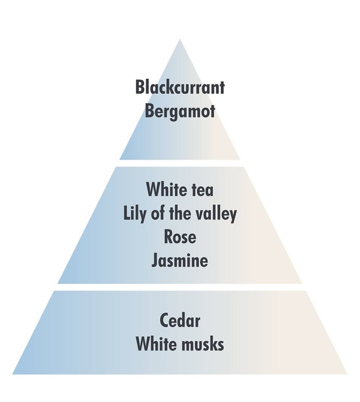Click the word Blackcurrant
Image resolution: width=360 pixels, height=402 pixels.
[x=180, y=87]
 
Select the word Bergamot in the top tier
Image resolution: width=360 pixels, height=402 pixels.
[x=180, y=112]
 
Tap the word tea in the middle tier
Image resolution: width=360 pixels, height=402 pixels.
[x=202, y=189]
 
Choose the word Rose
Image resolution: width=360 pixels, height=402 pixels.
[x=180, y=237]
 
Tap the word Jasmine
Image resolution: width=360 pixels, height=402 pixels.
[x=180, y=261]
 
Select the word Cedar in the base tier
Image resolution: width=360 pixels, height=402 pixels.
[x=180, y=320]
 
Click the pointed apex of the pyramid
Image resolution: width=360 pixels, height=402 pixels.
[x=180, y=39]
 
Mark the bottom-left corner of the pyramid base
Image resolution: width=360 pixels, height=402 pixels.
[x=13, y=374]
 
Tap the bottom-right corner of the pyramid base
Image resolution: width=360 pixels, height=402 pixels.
[x=347, y=374]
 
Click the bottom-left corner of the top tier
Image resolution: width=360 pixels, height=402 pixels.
[x=120, y=159]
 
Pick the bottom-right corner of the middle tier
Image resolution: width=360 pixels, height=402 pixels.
[x=302, y=284]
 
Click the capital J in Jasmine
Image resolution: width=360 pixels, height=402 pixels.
[x=154, y=261]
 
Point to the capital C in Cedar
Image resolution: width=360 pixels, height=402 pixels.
[x=164, y=320]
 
